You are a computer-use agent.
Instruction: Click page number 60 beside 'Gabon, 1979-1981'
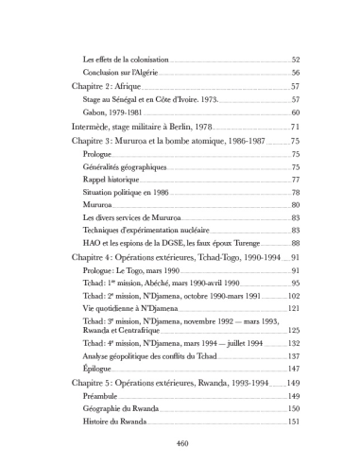point(295,112)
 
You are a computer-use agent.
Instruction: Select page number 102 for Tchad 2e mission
point(293,296)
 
